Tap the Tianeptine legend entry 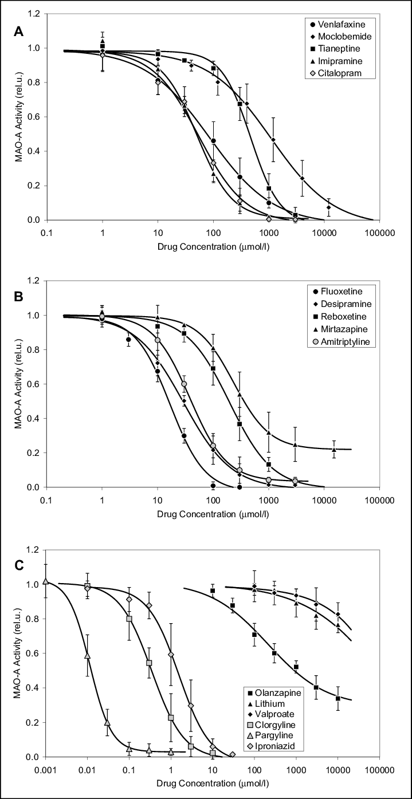click(338, 49)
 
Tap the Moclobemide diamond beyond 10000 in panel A click(329, 207)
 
